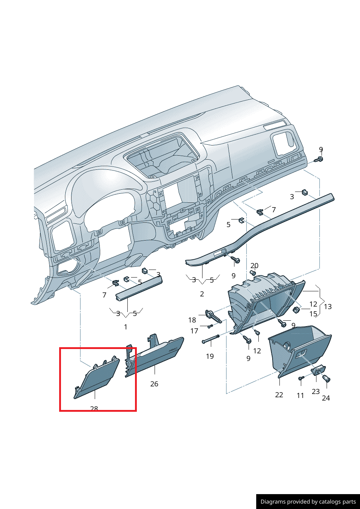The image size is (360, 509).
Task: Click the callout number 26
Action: coord(154,384)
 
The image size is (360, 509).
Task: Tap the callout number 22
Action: coord(279,395)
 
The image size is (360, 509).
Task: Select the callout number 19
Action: coord(210,356)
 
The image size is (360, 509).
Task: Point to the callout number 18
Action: coord(192,320)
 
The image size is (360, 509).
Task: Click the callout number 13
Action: coord(327,307)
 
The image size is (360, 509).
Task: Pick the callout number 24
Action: coord(326,398)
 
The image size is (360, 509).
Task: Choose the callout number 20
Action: coord(254,266)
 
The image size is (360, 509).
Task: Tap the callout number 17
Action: coord(194,331)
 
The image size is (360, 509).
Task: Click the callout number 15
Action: coord(313,314)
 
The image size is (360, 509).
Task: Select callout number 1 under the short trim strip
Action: coord(126,327)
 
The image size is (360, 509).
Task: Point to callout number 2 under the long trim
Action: coord(202,294)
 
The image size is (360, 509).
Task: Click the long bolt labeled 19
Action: coord(211,339)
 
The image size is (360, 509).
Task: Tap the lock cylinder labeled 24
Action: coord(326,378)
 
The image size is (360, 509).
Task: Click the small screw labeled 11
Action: coord(301,378)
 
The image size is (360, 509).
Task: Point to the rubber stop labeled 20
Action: coord(253,272)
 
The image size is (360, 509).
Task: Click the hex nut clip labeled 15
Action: coord(296,309)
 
